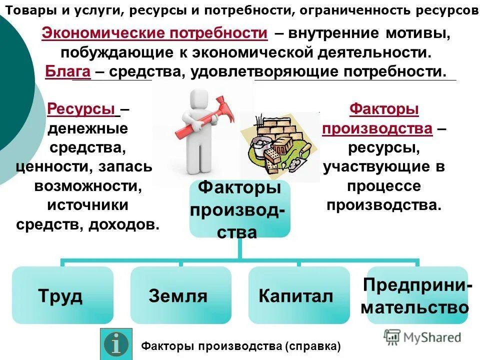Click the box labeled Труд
point(62,295)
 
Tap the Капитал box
point(298,295)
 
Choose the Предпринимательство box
point(416,295)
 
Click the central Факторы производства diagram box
point(239,208)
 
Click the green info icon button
point(116,344)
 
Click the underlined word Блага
point(67,72)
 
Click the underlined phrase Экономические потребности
point(154,33)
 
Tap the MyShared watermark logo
point(422,337)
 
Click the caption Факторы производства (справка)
point(241,345)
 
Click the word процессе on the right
point(383,186)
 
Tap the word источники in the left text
point(87,205)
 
